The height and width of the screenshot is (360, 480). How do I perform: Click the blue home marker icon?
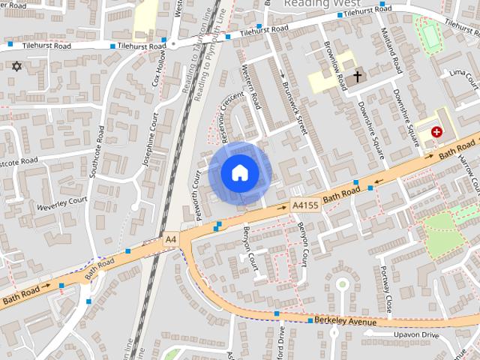pyautogui.click(x=238, y=172)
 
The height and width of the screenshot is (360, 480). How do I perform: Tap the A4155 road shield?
pyautogui.click(x=306, y=204)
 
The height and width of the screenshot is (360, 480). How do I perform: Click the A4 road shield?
pyautogui.click(x=171, y=239)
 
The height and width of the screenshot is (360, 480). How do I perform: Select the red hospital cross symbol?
pyautogui.click(x=436, y=131)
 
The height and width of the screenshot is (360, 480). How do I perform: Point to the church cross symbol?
pyautogui.click(x=358, y=76)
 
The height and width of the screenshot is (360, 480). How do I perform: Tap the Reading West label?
pyautogui.click(x=318, y=4)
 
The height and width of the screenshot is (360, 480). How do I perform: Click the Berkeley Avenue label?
pyautogui.click(x=345, y=321)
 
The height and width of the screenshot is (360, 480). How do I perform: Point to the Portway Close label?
pyautogui.click(x=387, y=289)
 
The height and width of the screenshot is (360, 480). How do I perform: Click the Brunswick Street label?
pyautogui.click(x=292, y=102)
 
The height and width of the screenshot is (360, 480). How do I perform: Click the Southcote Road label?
pyautogui.click(x=96, y=154)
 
